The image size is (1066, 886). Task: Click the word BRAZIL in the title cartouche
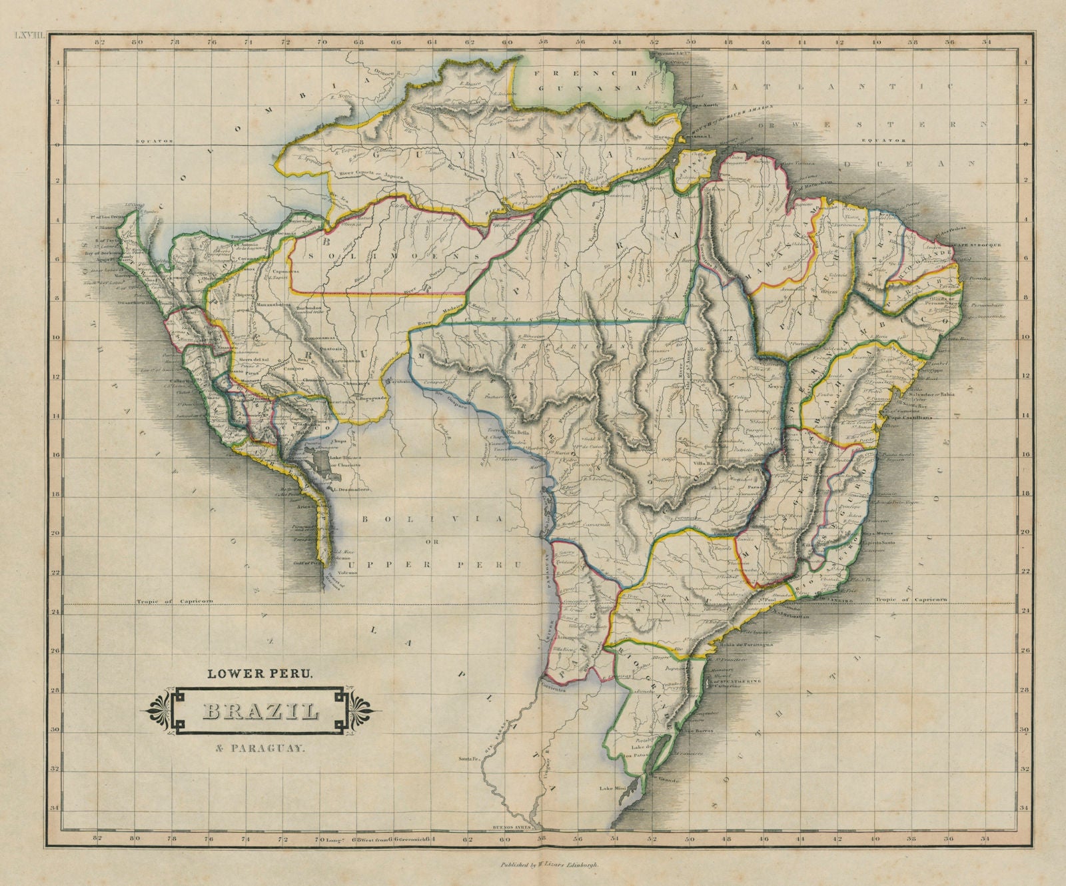click(x=260, y=711)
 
